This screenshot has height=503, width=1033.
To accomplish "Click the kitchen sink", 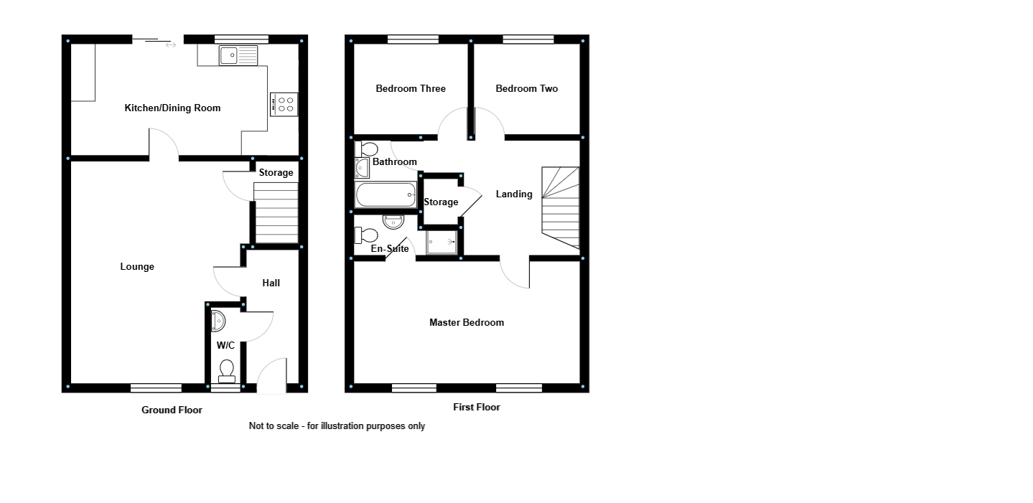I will coord(238,55).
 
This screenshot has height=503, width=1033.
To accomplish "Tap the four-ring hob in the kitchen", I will coord(284,104).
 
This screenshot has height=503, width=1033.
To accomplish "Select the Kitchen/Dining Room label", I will coord(172,108).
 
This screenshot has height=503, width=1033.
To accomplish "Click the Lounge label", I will coord(137,267).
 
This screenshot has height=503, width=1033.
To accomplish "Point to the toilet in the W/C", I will coord(227,370).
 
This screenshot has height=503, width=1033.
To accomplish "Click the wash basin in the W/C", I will coord(218,321).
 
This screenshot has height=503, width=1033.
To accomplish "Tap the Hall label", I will coord(271,283).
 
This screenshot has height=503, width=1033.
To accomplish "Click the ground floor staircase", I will coord(276,212).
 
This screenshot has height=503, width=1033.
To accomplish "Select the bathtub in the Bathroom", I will coord(385,194).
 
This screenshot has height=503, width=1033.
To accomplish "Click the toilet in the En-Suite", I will coord(367,235).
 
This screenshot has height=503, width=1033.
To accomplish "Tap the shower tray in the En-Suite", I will coord(441,242).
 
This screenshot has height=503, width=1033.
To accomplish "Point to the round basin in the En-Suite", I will coord(393,222).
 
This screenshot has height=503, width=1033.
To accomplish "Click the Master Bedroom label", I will coord(467,323).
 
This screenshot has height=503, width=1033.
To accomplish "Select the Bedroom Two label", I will coord(527,89).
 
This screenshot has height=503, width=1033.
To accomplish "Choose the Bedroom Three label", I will coord(411,89).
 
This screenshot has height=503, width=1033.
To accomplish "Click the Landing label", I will coord(514,194).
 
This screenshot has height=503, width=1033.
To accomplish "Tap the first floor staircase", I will coord(561,207).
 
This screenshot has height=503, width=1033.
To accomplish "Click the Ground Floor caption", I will coord(172,410).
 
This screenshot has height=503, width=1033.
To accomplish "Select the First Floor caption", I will coord(477,408).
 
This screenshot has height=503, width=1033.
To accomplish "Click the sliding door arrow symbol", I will coord(171,45).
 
